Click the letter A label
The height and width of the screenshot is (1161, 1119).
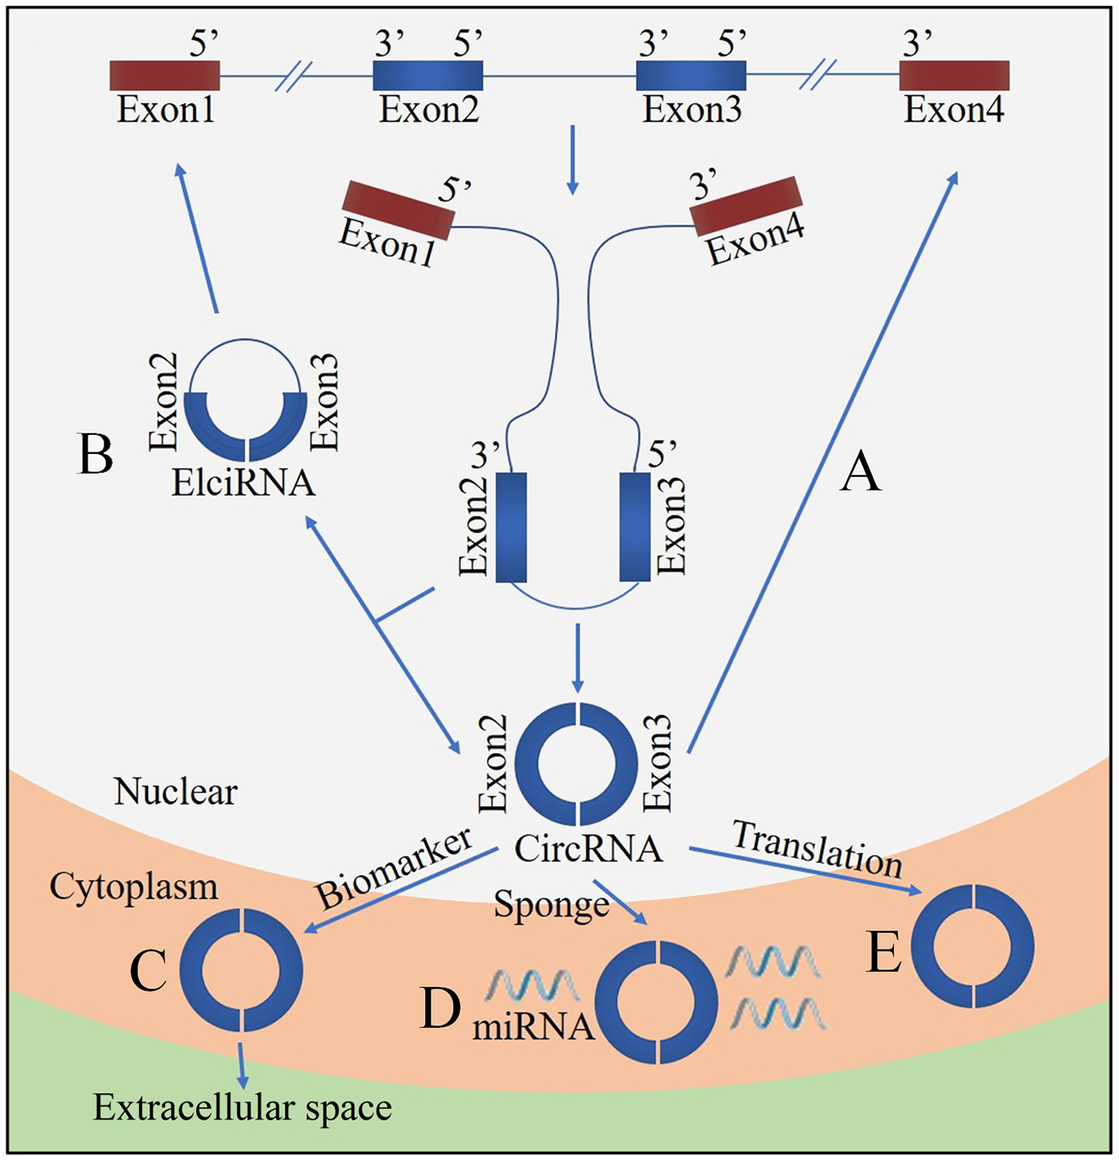(x=860, y=487)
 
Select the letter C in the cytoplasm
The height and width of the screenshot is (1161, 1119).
(x=149, y=969)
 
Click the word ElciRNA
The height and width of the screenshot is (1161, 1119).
(x=243, y=482)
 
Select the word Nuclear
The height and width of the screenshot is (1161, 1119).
(x=176, y=791)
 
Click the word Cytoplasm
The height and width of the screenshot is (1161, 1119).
(x=134, y=889)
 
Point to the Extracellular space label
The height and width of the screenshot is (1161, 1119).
(x=243, y=1108)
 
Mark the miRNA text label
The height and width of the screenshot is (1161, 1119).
(x=533, y=1028)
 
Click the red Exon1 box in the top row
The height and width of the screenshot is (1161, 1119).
(x=165, y=76)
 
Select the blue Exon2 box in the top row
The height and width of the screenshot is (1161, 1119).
(x=428, y=76)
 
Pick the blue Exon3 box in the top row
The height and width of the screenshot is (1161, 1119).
(x=691, y=76)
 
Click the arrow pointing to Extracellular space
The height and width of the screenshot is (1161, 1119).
(x=241, y=1066)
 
